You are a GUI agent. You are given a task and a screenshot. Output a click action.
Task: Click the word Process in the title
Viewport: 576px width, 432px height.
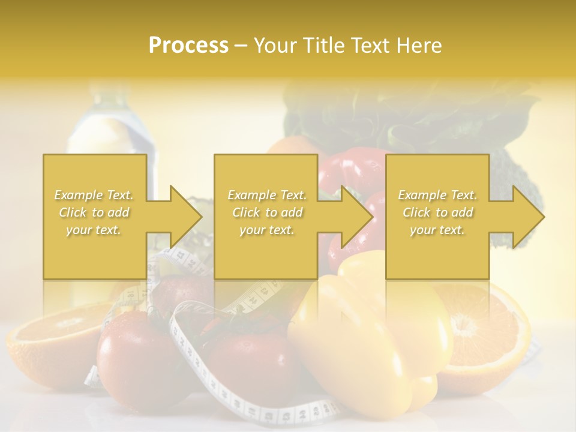click(188, 46)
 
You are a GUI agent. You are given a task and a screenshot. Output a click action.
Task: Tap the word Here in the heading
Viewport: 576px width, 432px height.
click(418, 46)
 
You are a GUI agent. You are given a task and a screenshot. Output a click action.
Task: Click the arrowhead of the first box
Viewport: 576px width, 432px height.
click(183, 217)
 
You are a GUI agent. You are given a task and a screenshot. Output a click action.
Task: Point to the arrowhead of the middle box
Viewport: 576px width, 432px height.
click(355, 217)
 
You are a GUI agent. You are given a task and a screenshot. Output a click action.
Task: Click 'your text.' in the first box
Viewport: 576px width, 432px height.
click(93, 230)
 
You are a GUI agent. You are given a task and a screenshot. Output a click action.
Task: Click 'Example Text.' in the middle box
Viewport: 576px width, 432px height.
click(267, 195)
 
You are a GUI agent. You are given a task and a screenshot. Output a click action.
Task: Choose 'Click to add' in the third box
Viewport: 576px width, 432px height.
click(437, 212)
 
